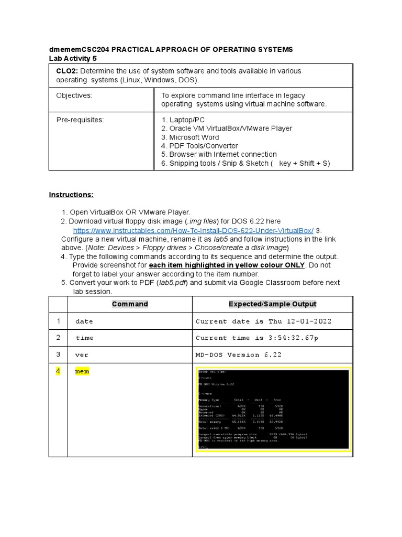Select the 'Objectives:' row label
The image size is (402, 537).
click(74, 95)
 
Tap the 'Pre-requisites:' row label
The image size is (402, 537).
click(80, 120)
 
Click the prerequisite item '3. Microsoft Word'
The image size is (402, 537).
click(190, 137)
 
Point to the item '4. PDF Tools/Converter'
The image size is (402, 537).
click(199, 146)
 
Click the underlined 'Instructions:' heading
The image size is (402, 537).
click(71, 195)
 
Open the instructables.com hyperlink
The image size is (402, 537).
click(193, 231)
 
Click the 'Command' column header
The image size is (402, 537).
click(130, 304)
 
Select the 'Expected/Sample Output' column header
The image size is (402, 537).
click(272, 304)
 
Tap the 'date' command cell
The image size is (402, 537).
click(84, 321)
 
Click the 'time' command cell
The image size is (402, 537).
click(84, 338)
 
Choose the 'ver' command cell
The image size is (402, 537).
click(82, 355)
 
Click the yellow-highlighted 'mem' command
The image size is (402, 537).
click(82, 372)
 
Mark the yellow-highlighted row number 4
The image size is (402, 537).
click(59, 372)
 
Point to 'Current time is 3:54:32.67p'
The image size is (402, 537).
click(256, 338)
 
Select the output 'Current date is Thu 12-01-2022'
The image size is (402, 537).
click(263, 321)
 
